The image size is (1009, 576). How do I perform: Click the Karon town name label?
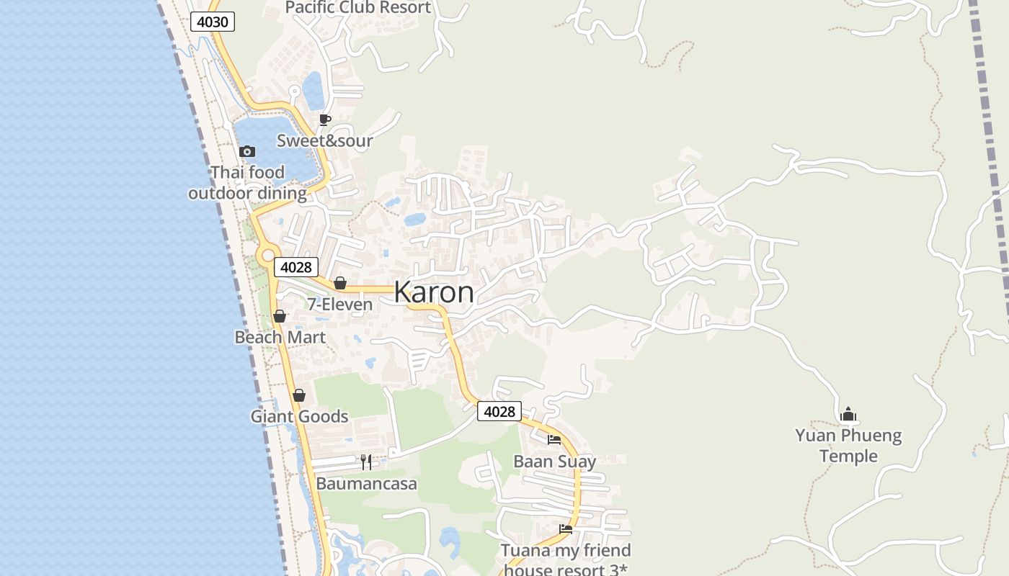(x=434, y=292)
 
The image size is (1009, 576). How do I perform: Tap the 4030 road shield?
(x=213, y=22)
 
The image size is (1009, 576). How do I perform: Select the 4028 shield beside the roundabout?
(x=295, y=267)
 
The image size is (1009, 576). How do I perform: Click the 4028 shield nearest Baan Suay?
(x=499, y=411)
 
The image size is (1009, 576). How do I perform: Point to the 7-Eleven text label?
(x=340, y=305)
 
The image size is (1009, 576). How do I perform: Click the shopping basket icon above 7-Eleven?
(x=340, y=283)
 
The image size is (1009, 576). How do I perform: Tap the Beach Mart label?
(x=280, y=337)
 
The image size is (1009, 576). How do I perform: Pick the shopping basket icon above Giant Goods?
(x=299, y=395)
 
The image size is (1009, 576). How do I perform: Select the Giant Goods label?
(x=299, y=416)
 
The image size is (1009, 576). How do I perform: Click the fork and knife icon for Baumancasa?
(x=366, y=462)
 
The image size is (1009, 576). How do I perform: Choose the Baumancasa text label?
(x=366, y=483)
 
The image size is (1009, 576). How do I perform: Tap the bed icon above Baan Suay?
(x=554, y=439)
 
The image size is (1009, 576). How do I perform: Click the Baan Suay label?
(x=554, y=461)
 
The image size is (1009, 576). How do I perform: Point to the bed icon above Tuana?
(x=566, y=529)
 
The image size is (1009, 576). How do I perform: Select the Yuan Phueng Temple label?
(x=848, y=445)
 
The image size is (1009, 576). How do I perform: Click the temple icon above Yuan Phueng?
(x=848, y=414)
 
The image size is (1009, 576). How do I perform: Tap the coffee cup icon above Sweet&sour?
(x=325, y=120)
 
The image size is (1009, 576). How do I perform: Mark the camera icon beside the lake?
(x=247, y=151)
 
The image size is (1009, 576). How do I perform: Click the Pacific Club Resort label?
(x=358, y=8)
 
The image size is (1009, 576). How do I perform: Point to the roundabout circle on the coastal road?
(x=268, y=254)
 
